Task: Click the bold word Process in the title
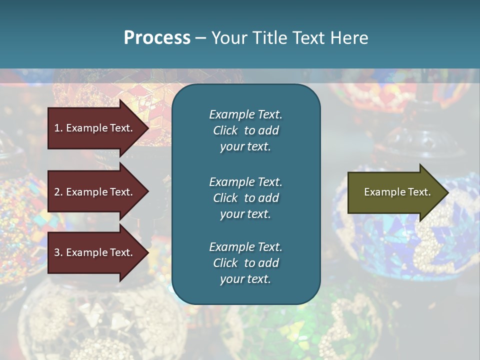[x=157, y=38]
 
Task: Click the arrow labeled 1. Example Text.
[x=93, y=128]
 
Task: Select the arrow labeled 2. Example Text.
[x=93, y=192]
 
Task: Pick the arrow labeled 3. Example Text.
[x=93, y=252]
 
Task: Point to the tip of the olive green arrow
[x=447, y=192]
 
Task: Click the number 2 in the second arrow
[x=57, y=192]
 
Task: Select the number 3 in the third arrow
[x=57, y=252]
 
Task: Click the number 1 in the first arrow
[x=57, y=128]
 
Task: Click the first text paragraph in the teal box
[x=245, y=130]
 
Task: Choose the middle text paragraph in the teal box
[x=245, y=198]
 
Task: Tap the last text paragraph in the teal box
[x=245, y=263]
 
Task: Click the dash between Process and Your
[x=200, y=38]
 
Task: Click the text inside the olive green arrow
[x=397, y=192]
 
